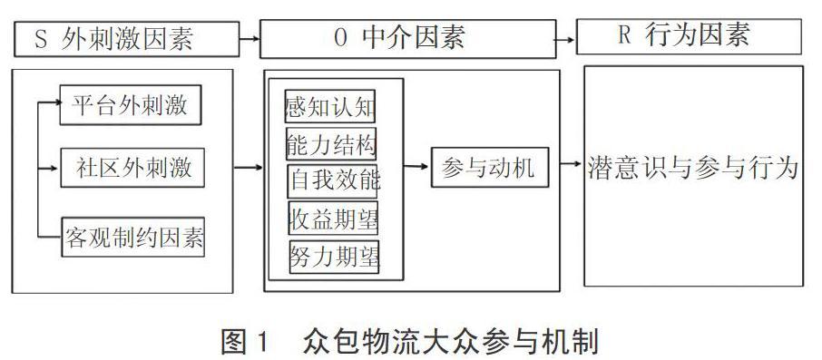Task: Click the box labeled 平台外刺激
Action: [130, 105]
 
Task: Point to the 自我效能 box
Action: [334, 179]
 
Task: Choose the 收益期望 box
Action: [332, 218]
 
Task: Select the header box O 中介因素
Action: [418, 38]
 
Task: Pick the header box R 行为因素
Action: [690, 35]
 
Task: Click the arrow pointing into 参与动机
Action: [416, 167]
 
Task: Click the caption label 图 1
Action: [246, 343]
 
